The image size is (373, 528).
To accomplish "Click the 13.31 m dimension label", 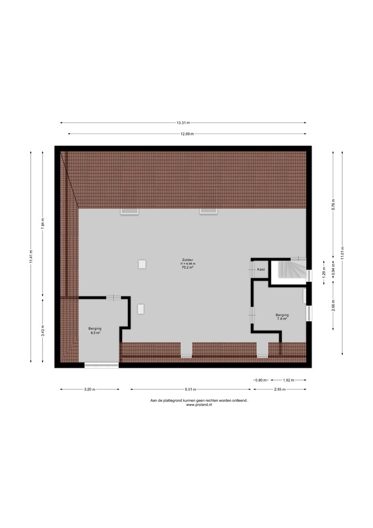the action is (x=183, y=123).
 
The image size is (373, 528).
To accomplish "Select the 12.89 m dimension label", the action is (x=187, y=134).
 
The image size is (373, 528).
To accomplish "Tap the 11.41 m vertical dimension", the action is (x=31, y=257).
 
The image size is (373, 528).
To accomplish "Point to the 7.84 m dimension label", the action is (x=42, y=223).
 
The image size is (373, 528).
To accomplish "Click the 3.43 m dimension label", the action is (x=42, y=330).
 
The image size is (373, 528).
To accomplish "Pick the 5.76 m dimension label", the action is (x=333, y=205).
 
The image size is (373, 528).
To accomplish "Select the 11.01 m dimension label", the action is (x=342, y=253).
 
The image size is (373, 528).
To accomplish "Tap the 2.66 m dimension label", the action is (x=333, y=306).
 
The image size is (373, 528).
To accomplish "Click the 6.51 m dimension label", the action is (x=190, y=390).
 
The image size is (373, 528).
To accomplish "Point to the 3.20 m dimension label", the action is (x=90, y=390).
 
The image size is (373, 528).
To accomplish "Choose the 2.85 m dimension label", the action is (x=280, y=390).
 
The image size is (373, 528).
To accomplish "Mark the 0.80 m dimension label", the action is (x=261, y=380).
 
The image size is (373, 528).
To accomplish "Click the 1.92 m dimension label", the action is (x=289, y=380).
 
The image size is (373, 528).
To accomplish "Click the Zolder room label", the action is (x=187, y=260).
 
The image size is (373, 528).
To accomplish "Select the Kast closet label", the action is (x=261, y=269).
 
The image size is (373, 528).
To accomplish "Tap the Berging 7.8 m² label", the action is (x=282, y=317).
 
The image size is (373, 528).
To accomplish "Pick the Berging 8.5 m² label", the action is (x=95, y=330).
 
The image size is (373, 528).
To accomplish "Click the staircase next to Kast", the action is (x=289, y=269).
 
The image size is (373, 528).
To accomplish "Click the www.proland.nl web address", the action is (x=199, y=405).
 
